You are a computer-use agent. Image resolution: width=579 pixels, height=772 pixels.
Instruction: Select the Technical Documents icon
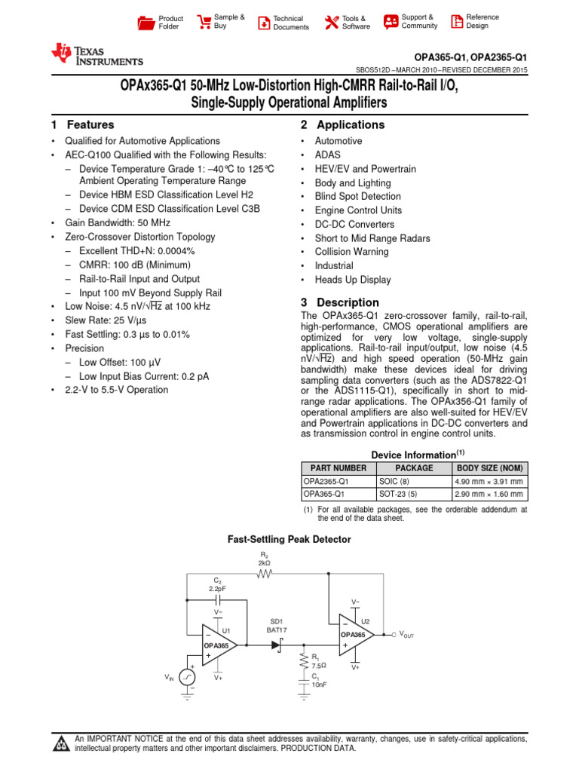coord(263,23)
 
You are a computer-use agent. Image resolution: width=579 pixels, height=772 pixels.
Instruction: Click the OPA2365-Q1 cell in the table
coord(326,481)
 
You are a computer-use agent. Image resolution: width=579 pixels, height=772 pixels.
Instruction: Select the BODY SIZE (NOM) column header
coord(489,468)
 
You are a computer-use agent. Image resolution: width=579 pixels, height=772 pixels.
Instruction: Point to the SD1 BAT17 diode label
coord(277,625)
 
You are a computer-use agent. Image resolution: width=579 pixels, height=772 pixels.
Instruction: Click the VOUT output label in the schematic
coord(406,635)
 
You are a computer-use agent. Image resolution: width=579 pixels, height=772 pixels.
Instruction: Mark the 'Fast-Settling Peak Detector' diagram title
coord(289,540)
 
